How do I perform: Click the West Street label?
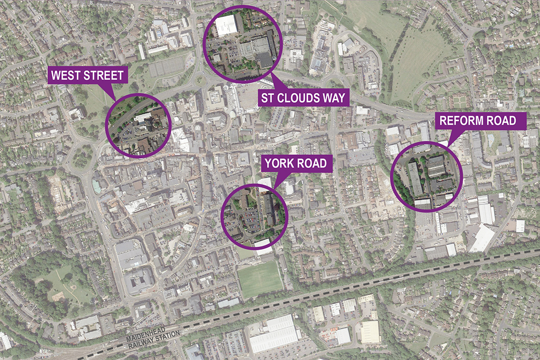[88, 75]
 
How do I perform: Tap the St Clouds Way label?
[304, 97]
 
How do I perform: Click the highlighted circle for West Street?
[139, 127]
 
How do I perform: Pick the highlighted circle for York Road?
[255, 216]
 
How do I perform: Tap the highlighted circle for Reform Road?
[427, 177]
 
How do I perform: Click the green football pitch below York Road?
[260, 279]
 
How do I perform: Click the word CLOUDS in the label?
[304, 97]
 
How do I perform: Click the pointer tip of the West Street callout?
[115, 100]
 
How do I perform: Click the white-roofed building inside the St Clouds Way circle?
[226, 25]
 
